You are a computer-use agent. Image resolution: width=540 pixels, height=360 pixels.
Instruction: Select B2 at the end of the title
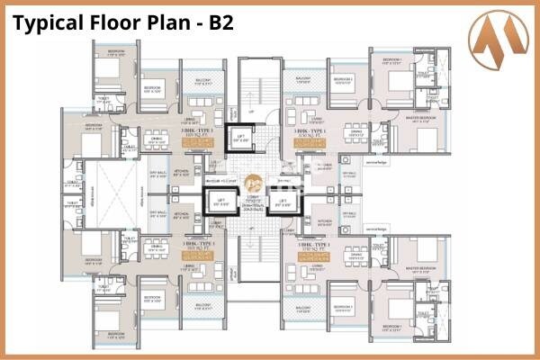click(x=220, y=22)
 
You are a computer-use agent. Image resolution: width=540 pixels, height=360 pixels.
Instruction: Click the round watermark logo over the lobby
click(x=255, y=180)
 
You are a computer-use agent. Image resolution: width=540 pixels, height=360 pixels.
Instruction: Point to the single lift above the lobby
click(x=242, y=138)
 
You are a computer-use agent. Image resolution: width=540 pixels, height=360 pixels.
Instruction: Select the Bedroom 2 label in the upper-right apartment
click(x=344, y=79)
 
